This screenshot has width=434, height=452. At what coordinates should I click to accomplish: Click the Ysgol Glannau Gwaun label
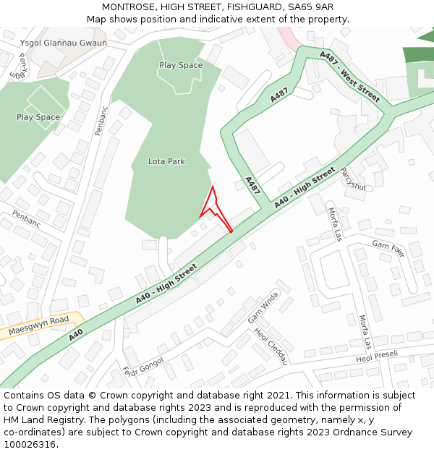click(x=64, y=43)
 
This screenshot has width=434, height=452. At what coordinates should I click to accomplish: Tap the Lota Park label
click(x=166, y=161)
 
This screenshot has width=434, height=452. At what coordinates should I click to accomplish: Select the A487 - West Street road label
click(x=349, y=76)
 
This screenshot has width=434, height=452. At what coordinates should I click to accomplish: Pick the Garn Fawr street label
click(x=388, y=248)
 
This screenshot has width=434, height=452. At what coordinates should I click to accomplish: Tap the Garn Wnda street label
click(x=263, y=307)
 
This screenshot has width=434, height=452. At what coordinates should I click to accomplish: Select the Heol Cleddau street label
click(x=271, y=346)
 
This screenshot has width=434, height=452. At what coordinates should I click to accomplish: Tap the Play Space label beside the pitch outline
click(x=38, y=117)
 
